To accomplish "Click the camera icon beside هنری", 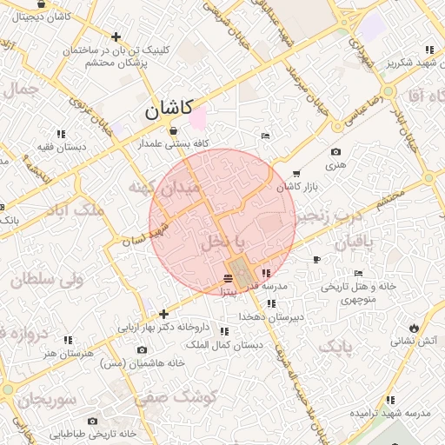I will click(x=336, y=152).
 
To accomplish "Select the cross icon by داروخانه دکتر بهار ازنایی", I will click(x=163, y=314).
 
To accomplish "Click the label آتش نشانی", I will click(x=405, y=342).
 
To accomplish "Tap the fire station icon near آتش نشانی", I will click(x=414, y=328).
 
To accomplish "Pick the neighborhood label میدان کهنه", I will click(x=164, y=187).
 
